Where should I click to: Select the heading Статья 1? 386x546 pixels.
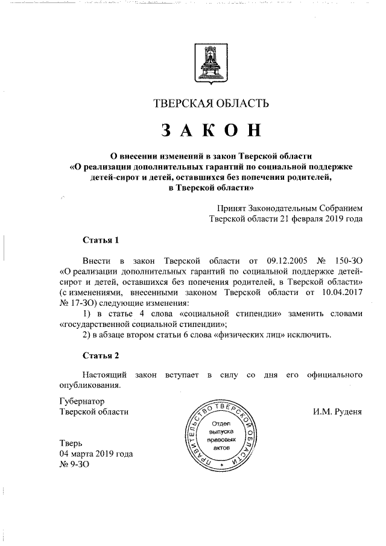(101, 240)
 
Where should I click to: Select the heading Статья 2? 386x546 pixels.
(101, 355)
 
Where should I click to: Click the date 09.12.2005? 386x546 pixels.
(287, 261)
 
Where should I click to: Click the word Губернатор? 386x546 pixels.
(83, 401)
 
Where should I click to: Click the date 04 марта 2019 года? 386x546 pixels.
(96, 454)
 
